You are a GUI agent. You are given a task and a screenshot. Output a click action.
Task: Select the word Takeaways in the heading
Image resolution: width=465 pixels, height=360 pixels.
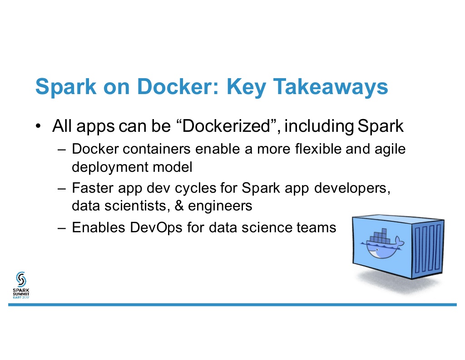tap(331, 87)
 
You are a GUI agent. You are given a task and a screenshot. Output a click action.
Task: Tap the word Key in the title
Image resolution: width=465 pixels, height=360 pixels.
tap(246, 87)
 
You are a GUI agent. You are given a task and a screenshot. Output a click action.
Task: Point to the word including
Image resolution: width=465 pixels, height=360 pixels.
tap(319, 126)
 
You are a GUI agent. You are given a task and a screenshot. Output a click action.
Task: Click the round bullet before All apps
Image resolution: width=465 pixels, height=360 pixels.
tap(38, 126)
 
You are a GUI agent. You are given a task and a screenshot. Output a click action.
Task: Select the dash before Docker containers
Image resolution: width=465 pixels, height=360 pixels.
tap(62, 149)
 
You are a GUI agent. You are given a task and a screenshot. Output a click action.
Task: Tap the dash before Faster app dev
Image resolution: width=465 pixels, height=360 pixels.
tap(62, 189)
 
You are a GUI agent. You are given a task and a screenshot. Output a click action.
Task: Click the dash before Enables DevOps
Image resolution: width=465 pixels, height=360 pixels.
tap(62, 228)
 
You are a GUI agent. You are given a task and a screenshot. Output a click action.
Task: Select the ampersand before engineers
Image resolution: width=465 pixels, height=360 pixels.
tap(179, 205)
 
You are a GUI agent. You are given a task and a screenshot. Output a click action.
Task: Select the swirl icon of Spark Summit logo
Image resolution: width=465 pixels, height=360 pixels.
tap(21, 279)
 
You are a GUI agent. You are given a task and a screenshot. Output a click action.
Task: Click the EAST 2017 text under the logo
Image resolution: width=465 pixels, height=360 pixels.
tap(21, 297)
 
